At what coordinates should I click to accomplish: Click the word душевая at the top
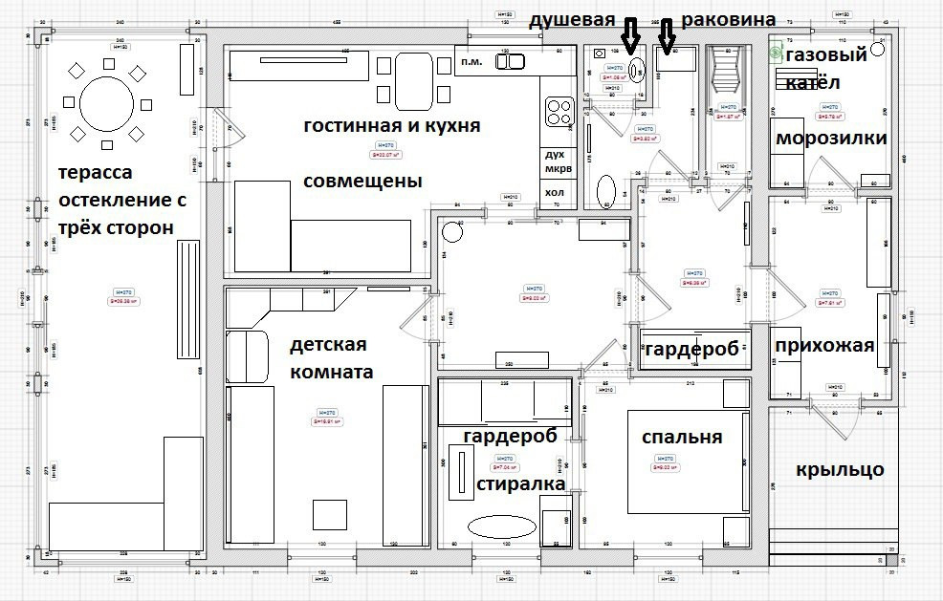coord(571,20)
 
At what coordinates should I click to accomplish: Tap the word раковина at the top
coord(728,20)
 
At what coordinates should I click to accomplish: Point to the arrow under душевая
coord(629,36)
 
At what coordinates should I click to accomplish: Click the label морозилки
coord(831,139)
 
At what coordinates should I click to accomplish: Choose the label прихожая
coord(824,345)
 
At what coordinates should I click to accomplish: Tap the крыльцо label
coord(840,470)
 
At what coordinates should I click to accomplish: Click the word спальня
coord(682,437)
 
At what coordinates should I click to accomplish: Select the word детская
coord(329,344)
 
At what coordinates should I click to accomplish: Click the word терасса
coord(95,173)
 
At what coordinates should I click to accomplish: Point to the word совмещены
coord(362,181)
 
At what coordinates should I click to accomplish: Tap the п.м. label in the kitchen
coord(471,61)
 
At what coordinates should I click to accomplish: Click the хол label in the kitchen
coord(555,192)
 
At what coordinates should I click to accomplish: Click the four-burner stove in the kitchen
coord(558,113)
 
